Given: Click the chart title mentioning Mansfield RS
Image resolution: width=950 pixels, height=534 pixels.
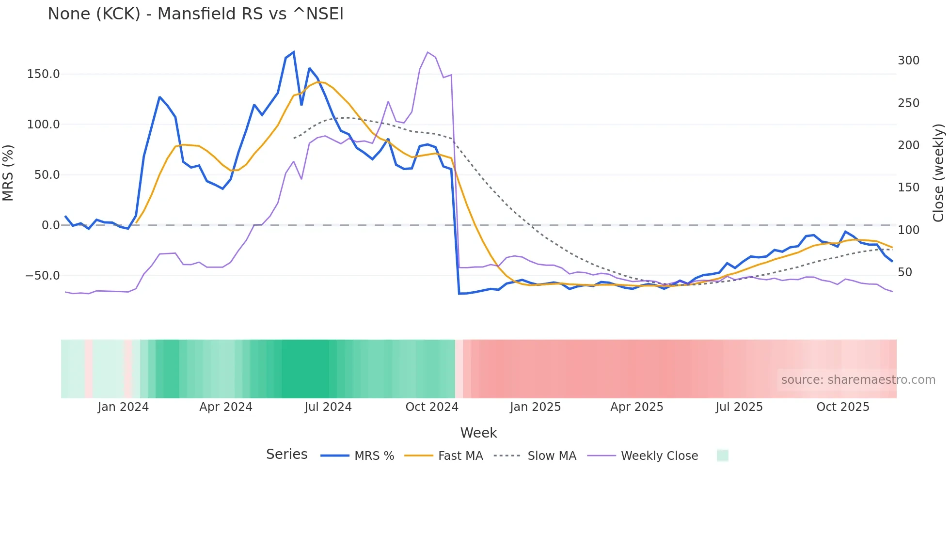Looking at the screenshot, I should point(195,14).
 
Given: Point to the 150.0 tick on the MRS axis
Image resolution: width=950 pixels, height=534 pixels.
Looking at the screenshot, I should point(44,74).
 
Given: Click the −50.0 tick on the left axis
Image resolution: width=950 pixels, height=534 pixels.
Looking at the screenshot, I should point(43,276).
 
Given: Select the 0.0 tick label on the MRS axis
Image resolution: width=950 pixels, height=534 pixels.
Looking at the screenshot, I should point(50,225).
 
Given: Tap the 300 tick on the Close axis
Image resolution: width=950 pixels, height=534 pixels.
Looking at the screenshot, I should point(908,61).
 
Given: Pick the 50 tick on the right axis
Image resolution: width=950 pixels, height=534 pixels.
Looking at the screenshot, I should point(905,272).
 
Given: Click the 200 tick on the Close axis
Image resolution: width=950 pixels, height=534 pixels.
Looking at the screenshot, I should point(908,145).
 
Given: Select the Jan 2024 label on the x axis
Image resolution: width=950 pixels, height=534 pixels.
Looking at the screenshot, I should point(123,407).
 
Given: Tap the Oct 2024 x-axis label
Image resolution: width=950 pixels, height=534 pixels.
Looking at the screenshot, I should point(432,407).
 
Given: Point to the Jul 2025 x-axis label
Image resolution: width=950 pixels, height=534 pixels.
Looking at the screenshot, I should point(739,407).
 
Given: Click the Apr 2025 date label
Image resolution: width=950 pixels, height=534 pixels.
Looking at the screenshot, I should point(637,407).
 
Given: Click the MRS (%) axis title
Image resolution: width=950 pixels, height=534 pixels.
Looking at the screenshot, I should point(8,173).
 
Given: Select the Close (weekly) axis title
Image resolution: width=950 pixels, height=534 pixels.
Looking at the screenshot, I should point(939,173).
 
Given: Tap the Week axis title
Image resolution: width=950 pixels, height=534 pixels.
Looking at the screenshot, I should point(478,433).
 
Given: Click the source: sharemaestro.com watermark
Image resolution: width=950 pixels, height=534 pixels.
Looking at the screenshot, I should point(858,380).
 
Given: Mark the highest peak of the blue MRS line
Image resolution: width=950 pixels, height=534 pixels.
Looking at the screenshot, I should point(294,52).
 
